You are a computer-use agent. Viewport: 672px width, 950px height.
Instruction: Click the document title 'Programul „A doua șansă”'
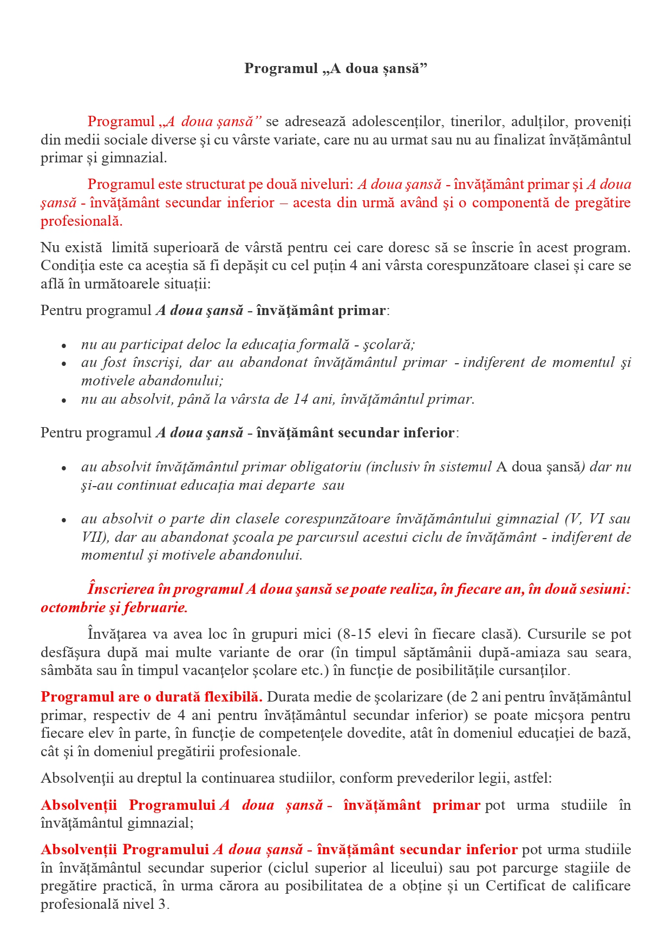click(336, 68)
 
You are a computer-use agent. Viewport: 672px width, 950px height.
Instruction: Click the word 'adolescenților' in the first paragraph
click(398, 122)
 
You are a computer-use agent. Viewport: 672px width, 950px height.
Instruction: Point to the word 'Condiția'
click(63, 266)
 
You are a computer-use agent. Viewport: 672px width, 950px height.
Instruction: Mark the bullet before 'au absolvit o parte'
click(64, 520)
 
